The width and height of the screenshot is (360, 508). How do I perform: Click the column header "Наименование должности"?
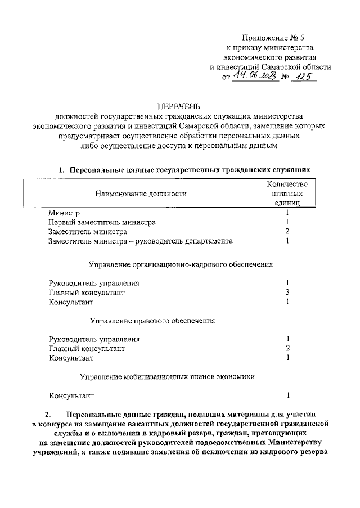point(141,194)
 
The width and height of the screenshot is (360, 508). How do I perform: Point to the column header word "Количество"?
point(287,184)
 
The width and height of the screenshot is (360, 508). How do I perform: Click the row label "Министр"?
point(64,213)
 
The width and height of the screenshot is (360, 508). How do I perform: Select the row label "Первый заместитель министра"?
point(102,222)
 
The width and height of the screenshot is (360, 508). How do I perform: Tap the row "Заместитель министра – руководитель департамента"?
point(141,241)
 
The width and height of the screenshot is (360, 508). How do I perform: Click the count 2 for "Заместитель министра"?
point(287,231)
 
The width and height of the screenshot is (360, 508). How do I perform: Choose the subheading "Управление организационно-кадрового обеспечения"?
point(181,264)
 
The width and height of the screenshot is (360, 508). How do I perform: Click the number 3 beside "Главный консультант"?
point(287,292)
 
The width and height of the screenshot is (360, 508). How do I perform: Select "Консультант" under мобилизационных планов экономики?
point(70,395)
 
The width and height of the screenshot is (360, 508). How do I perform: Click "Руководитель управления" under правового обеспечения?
point(94,339)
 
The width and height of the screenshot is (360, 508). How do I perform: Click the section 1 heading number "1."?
point(62,169)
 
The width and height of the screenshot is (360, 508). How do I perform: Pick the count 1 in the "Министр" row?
point(287,213)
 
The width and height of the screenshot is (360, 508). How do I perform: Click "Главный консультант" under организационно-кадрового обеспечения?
point(87,293)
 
